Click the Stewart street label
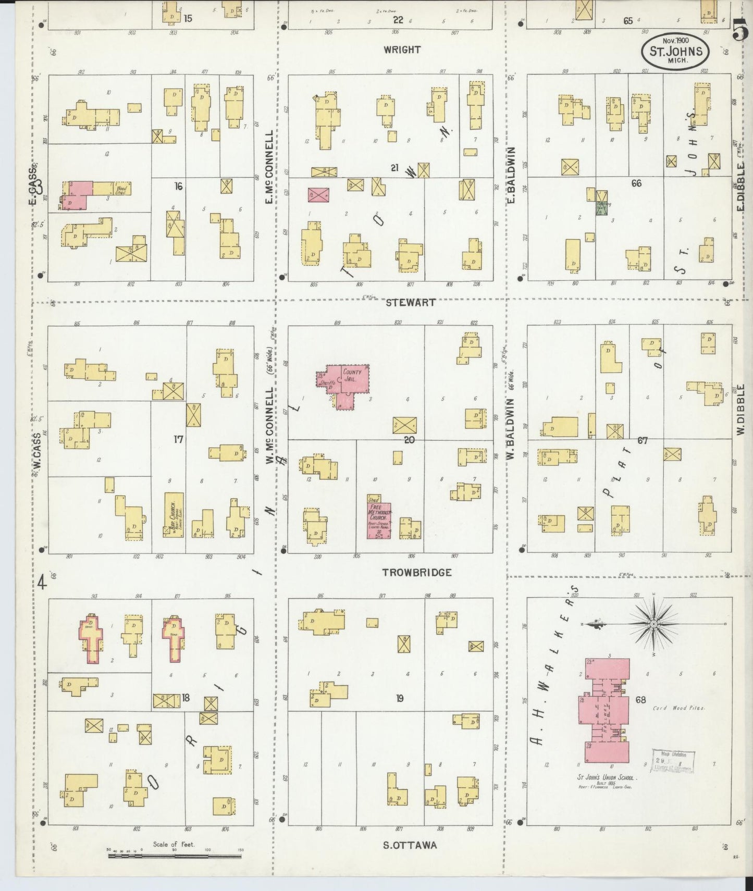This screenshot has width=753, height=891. coord(411,302)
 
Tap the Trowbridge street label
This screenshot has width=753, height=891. coord(416,572)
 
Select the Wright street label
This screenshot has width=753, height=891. coord(402,50)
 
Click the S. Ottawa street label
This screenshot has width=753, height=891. coord(410,845)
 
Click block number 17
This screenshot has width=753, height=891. coord(178,439)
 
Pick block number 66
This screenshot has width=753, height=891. coord(636,183)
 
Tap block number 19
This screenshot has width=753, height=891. coord(399,698)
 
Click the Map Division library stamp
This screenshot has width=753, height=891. coord(673,761)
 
